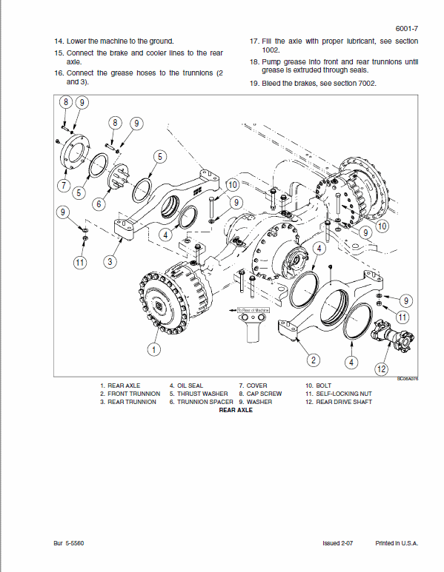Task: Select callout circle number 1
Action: pos(154,349)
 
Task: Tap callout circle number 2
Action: pos(314,360)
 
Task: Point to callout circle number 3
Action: pos(110,260)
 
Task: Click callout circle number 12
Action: pos(382,369)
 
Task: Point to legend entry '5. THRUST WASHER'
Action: pos(199,394)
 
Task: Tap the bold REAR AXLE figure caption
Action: pos(236,410)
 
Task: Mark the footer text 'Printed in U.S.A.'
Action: pos(396,543)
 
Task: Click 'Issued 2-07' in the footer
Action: pos(339,543)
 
